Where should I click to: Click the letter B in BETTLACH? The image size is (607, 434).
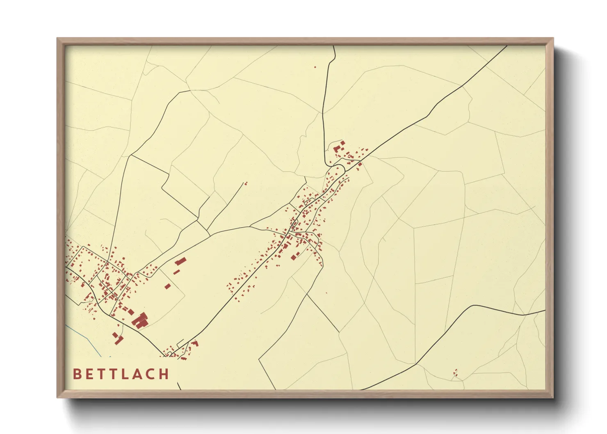[76, 374]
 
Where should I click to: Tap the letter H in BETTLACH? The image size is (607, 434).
[164, 374]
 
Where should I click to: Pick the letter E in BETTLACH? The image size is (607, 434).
[88, 374]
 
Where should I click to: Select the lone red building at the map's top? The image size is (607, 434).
[315, 67]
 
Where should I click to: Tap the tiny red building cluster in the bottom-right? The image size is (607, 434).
[455, 373]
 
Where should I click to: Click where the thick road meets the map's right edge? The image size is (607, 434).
[545, 311]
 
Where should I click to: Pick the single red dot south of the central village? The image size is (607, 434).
[326, 293]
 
